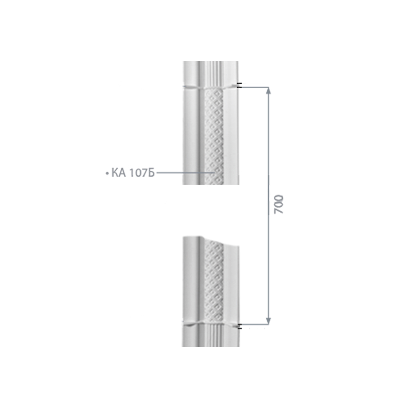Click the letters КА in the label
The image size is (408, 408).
coord(119,173)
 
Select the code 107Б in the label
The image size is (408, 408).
coord(142,173)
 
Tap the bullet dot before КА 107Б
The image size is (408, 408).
coord(106,173)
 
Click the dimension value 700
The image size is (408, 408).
coord(278,204)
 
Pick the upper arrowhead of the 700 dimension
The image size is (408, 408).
coord(269,91)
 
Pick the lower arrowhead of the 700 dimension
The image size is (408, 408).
coord(269,321)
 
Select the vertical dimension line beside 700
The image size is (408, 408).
coord(269,206)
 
